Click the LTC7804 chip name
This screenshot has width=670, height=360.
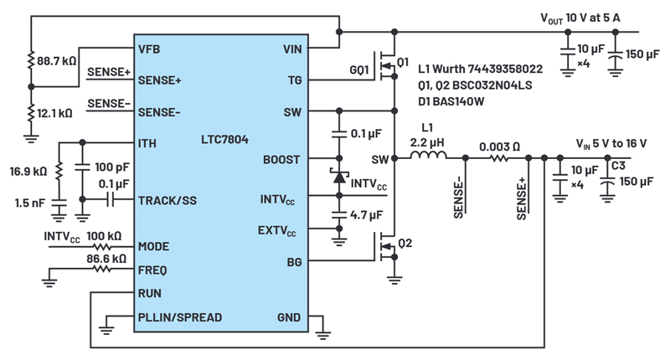pos(224,140)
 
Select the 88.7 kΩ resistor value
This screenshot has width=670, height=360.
pos(56,61)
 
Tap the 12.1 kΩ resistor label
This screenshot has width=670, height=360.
pos(54,114)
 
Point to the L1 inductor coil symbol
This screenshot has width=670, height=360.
pos(428,155)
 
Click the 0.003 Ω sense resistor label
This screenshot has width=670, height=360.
pos(499,147)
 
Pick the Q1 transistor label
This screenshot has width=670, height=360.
pos(403,62)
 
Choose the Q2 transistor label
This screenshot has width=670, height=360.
pos(405,244)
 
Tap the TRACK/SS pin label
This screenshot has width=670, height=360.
pos(167,200)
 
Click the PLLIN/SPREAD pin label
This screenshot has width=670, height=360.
pos(180,317)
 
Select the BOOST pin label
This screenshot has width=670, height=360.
pos(281,160)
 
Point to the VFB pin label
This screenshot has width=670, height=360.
pos(149,49)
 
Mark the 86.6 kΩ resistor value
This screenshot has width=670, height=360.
pos(106,259)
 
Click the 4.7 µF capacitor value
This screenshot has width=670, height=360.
pos(367,215)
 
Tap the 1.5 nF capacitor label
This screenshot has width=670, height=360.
pos(29,203)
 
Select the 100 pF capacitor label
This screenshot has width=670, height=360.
pos(112,167)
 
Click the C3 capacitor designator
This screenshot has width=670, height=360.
pos(618,166)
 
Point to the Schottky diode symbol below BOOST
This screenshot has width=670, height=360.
pos(339,177)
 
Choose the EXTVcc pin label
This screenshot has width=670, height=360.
pos(277,231)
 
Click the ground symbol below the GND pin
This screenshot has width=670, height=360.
pos(323,335)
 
